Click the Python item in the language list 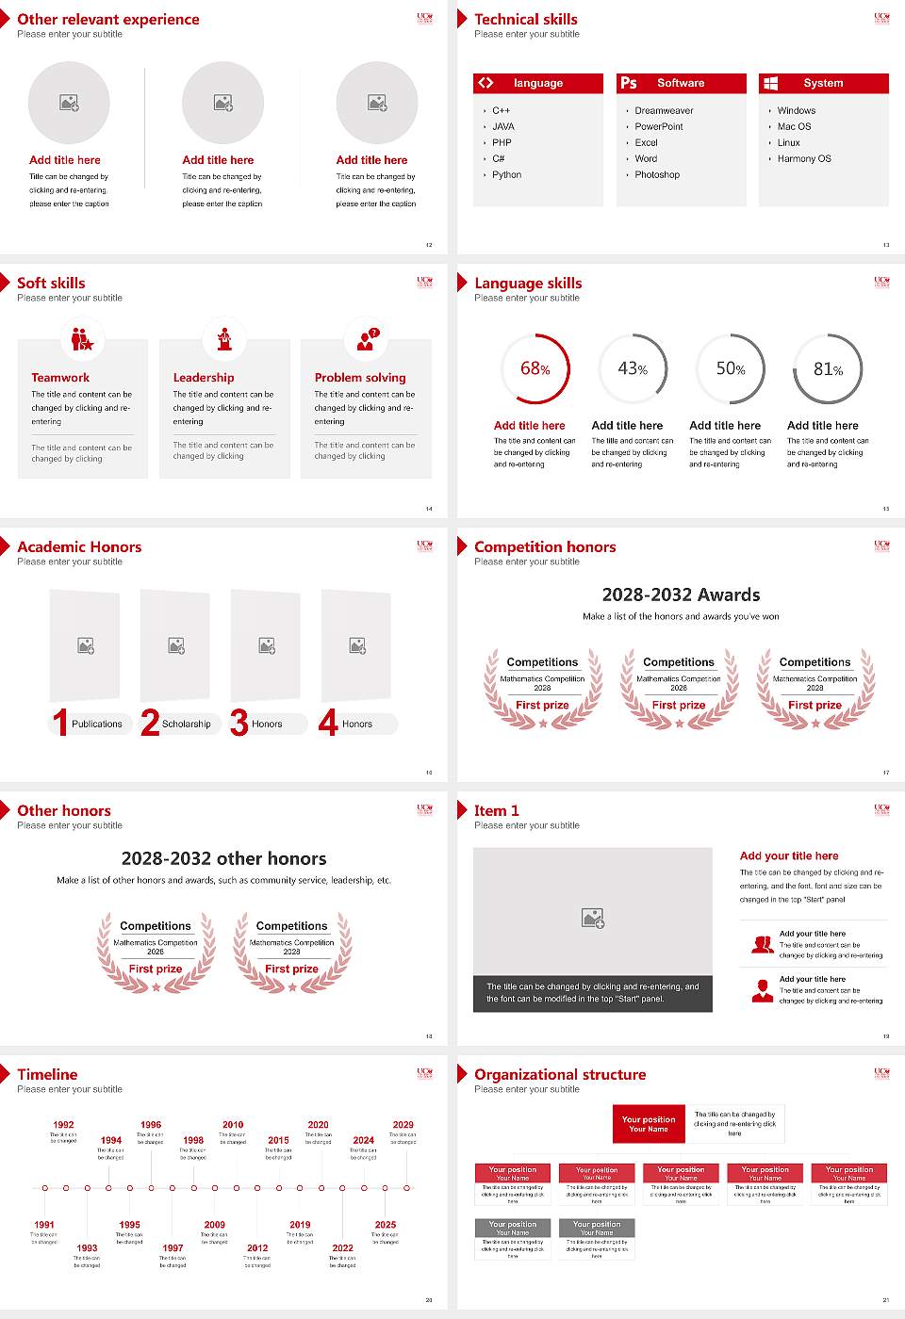pyautogui.click(x=506, y=175)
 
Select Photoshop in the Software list pyautogui.click(x=657, y=175)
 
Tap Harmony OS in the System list pyautogui.click(x=804, y=159)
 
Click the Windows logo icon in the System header pyautogui.click(x=771, y=83)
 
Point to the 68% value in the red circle pyautogui.click(x=535, y=369)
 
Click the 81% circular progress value pyautogui.click(x=828, y=369)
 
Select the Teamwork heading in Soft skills pyautogui.click(x=60, y=378)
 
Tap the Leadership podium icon pyautogui.click(x=224, y=338)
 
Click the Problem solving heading pyautogui.click(x=360, y=378)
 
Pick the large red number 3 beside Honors pyautogui.click(x=239, y=723)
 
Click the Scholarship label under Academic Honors pyautogui.click(x=186, y=725)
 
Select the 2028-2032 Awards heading pyautogui.click(x=681, y=595)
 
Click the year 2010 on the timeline pyautogui.click(x=233, y=1125)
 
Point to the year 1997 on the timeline pyautogui.click(x=173, y=1248)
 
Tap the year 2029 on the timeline pyautogui.click(x=403, y=1125)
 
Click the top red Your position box pyautogui.click(x=649, y=1124)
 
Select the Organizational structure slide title pyautogui.click(x=560, y=1075)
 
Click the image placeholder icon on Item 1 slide pyautogui.click(x=593, y=917)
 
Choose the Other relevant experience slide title pyautogui.click(x=108, y=20)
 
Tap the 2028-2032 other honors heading pyautogui.click(x=223, y=859)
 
